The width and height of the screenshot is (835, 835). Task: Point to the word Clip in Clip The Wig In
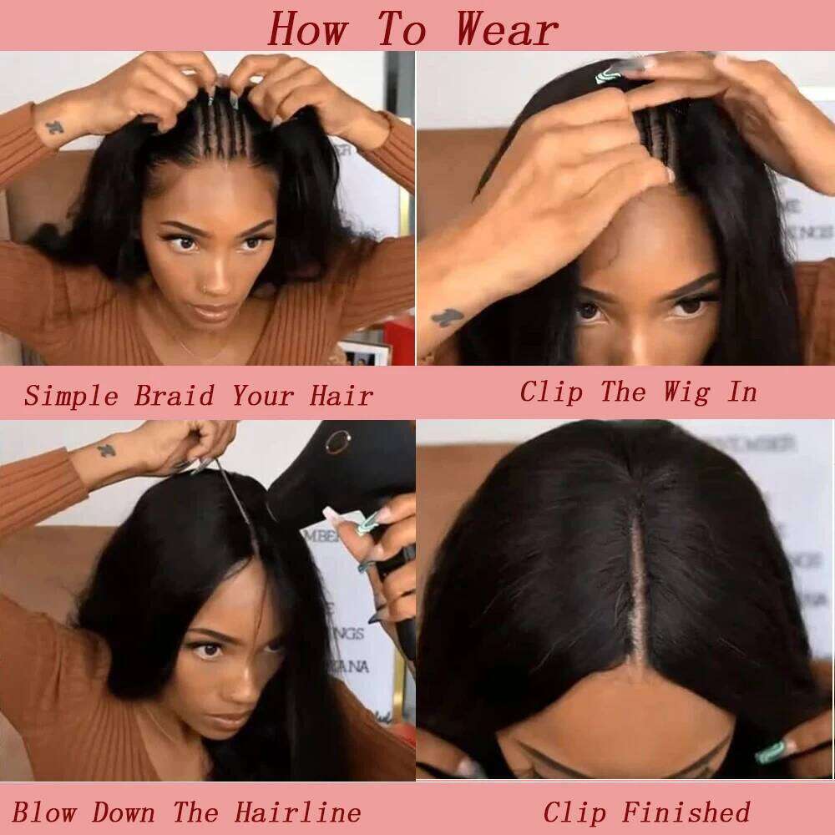550,391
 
